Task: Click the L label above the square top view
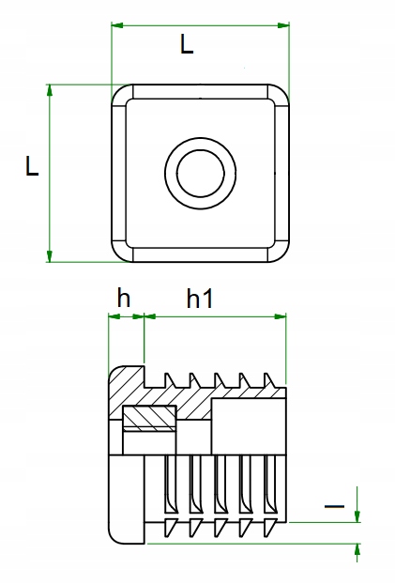click(187, 44)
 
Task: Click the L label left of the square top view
click(32, 166)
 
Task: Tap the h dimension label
click(124, 298)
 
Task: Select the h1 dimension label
click(200, 299)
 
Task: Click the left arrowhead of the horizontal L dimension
click(117, 25)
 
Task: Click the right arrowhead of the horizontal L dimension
click(283, 25)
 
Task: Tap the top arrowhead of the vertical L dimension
click(49, 90)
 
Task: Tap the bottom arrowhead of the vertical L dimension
click(49, 256)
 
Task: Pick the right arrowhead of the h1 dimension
click(281, 316)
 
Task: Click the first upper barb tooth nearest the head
click(170, 380)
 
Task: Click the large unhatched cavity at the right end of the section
click(249, 427)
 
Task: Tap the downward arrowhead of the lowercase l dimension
click(357, 516)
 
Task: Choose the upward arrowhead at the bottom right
click(357, 550)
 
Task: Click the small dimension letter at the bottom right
click(334, 506)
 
